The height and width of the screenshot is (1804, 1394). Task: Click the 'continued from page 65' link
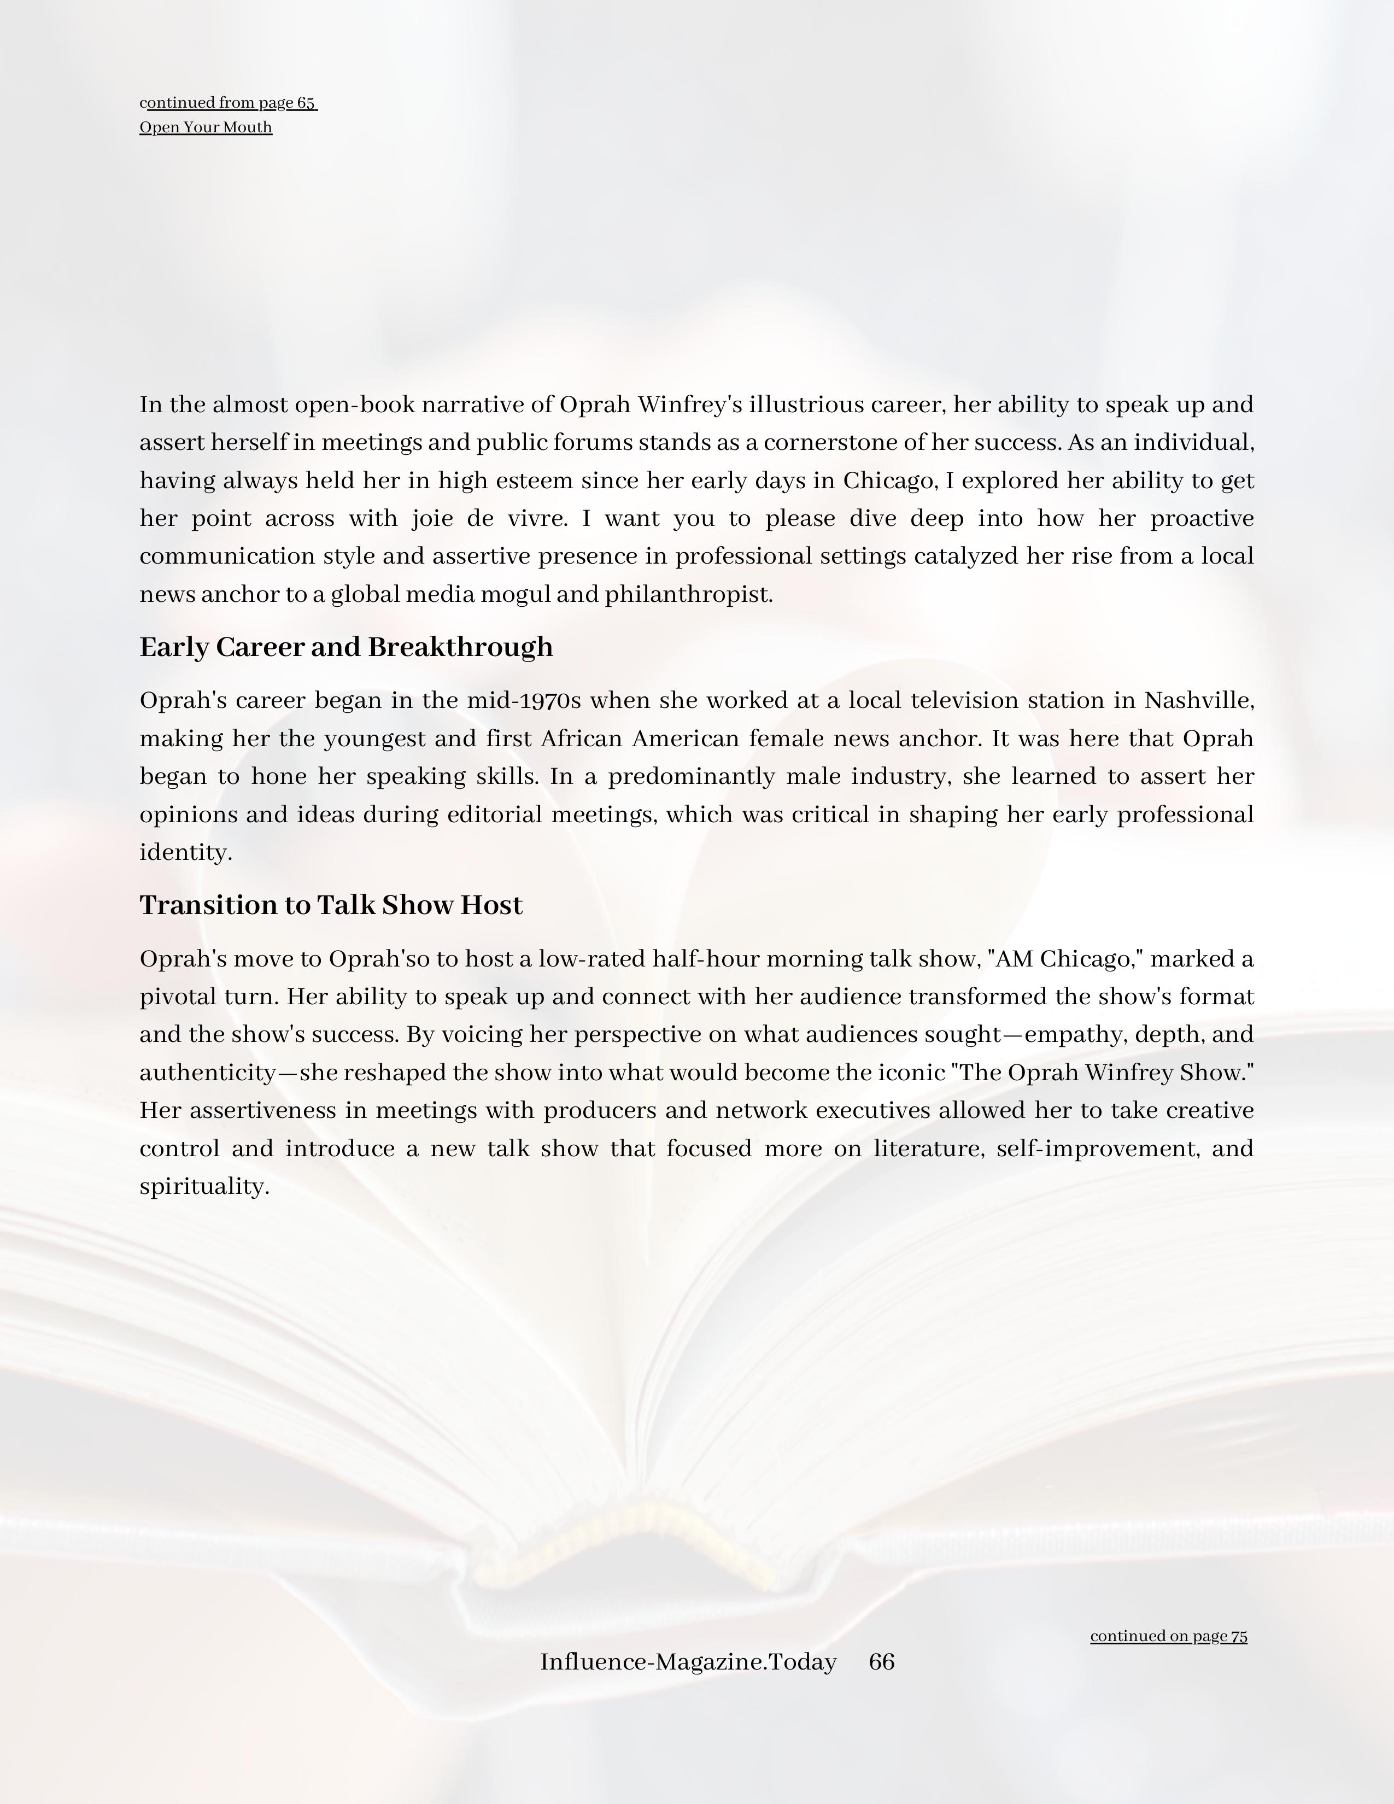click(228, 103)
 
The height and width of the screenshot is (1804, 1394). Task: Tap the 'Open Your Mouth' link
click(206, 127)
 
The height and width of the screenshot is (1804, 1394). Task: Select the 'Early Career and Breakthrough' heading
click(346, 647)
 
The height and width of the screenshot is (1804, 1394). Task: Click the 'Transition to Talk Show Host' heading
click(331, 905)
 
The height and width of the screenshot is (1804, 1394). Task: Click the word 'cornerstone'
click(831, 443)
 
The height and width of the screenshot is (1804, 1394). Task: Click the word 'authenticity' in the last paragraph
click(207, 1073)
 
